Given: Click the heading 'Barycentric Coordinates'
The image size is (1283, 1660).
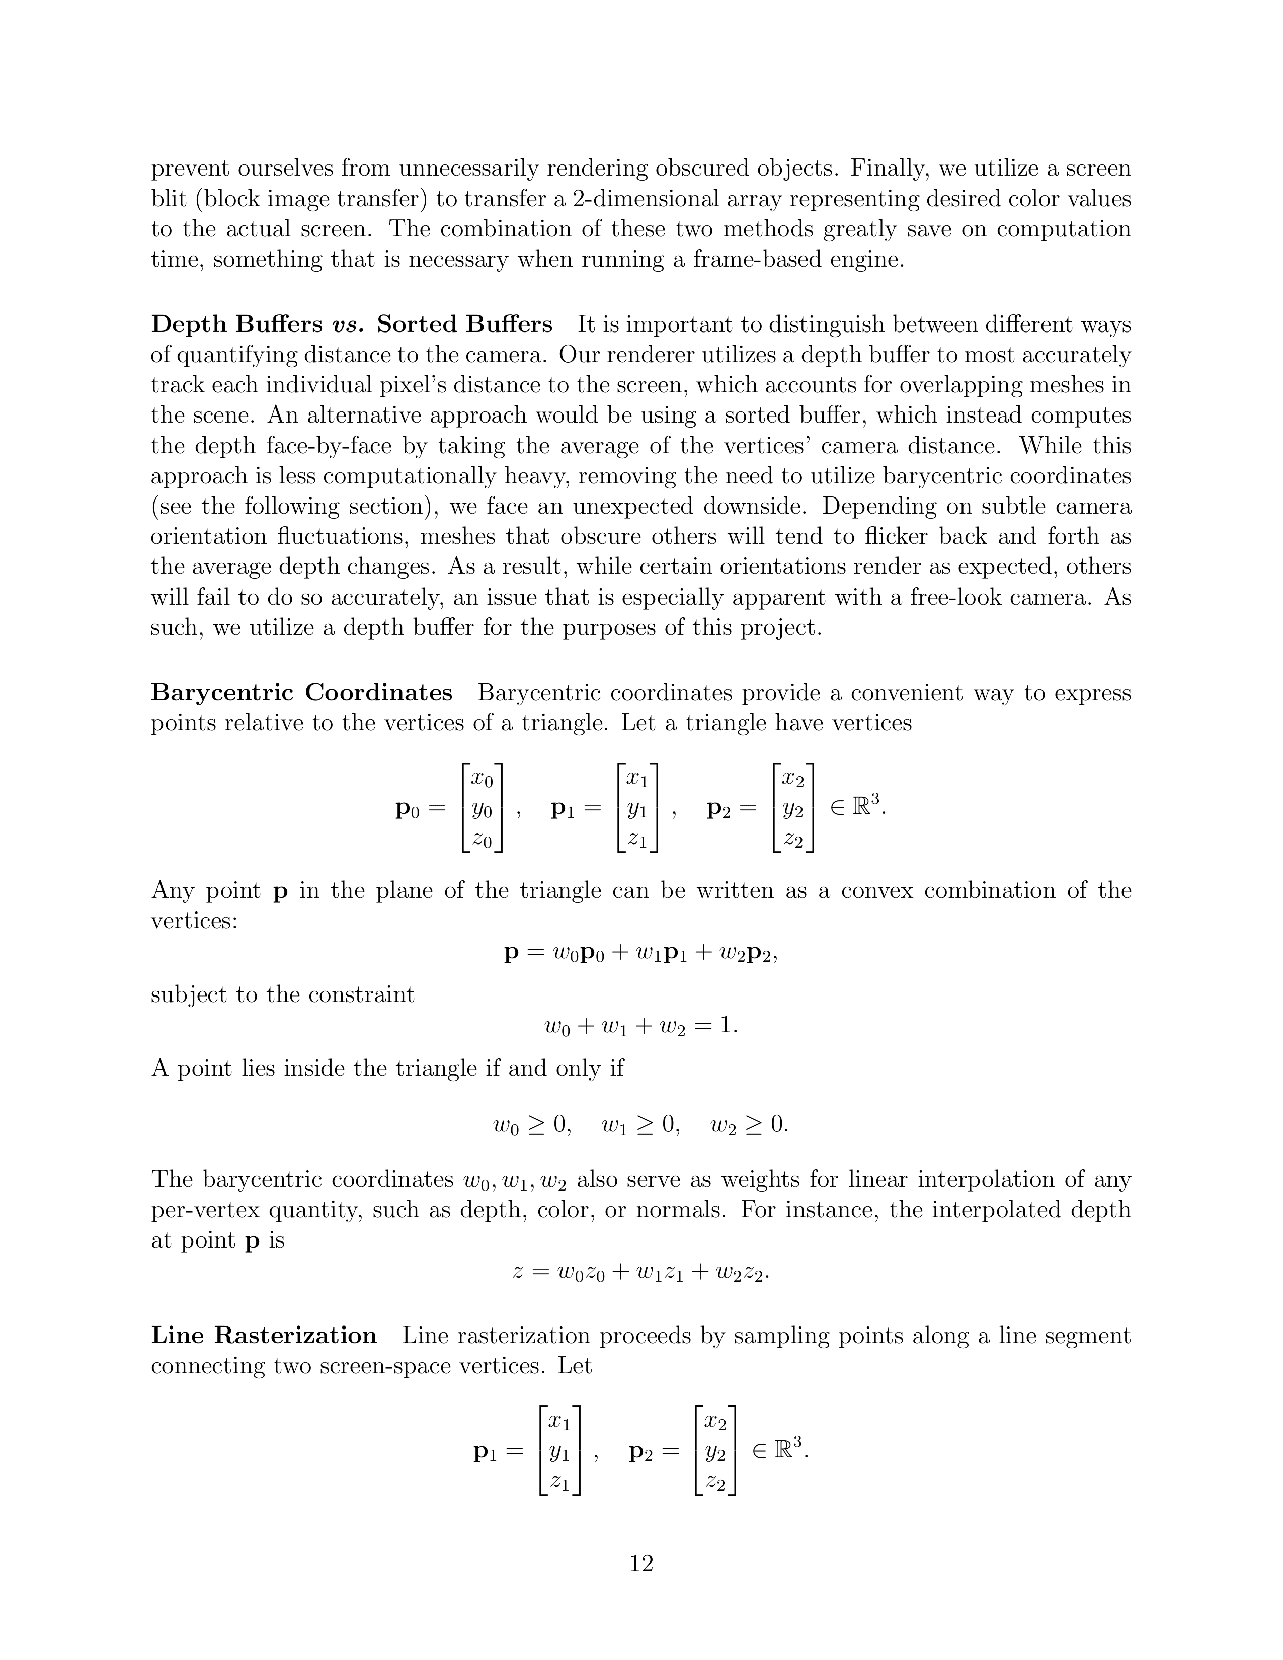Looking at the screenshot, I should tap(302, 693).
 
